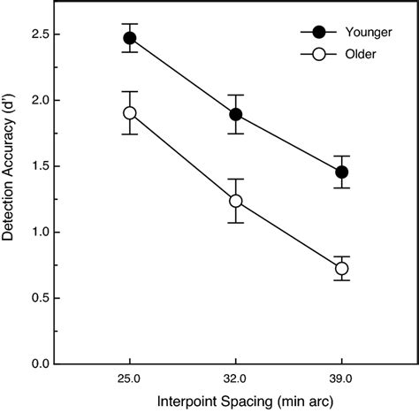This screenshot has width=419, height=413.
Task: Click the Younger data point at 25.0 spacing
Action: (130, 38)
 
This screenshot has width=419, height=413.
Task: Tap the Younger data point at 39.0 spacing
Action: (341, 172)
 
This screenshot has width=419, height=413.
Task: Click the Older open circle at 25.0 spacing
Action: (130, 113)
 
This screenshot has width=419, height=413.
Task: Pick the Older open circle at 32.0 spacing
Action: (235, 201)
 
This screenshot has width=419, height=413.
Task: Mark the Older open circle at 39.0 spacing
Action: (341, 268)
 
